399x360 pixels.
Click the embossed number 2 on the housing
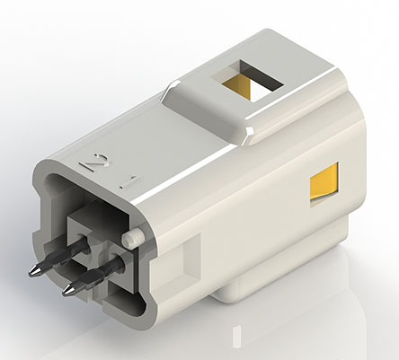click(93, 163)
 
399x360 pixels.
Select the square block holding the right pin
click(117, 260)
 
